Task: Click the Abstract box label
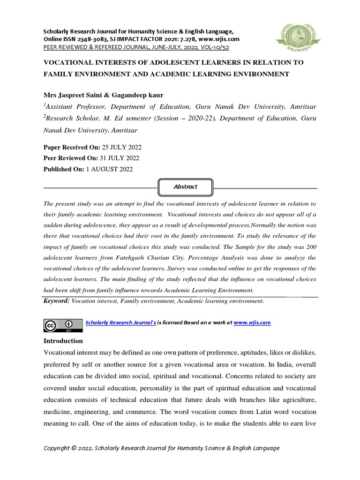pos(185,187)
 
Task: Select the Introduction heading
pos(63,341)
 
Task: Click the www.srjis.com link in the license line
pos(252,323)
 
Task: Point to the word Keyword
pos(56,301)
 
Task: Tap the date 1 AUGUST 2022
pos(109,169)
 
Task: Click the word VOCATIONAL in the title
pos(70,62)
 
